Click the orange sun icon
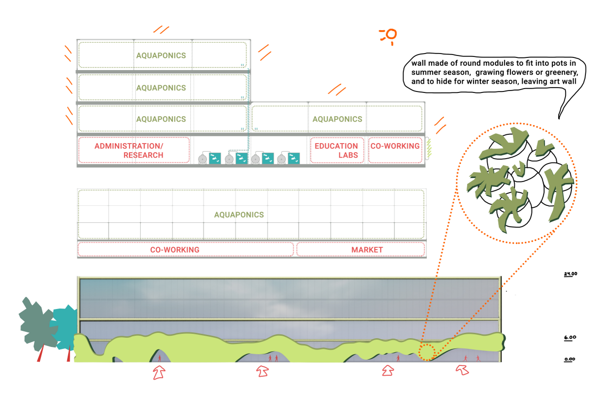pyautogui.click(x=390, y=35)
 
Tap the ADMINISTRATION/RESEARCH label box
pyautogui.click(x=134, y=150)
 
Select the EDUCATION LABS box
pyautogui.click(x=336, y=150)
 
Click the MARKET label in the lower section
pyautogui.click(x=361, y=250)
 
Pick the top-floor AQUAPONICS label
pyautogui.click(x=161, y=55)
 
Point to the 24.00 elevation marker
pyautogui.click(x=570, y=274)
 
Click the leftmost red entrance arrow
pyautogui.click(x=159, y=372)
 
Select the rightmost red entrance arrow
pyautogui.click(x=462, y=370)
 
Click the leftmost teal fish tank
pyautogui.click(x=215, y=158)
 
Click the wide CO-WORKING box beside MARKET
pyautogui.click(x=185, y=250)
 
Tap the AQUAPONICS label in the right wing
pyautogui.click(x=337, y=119)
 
